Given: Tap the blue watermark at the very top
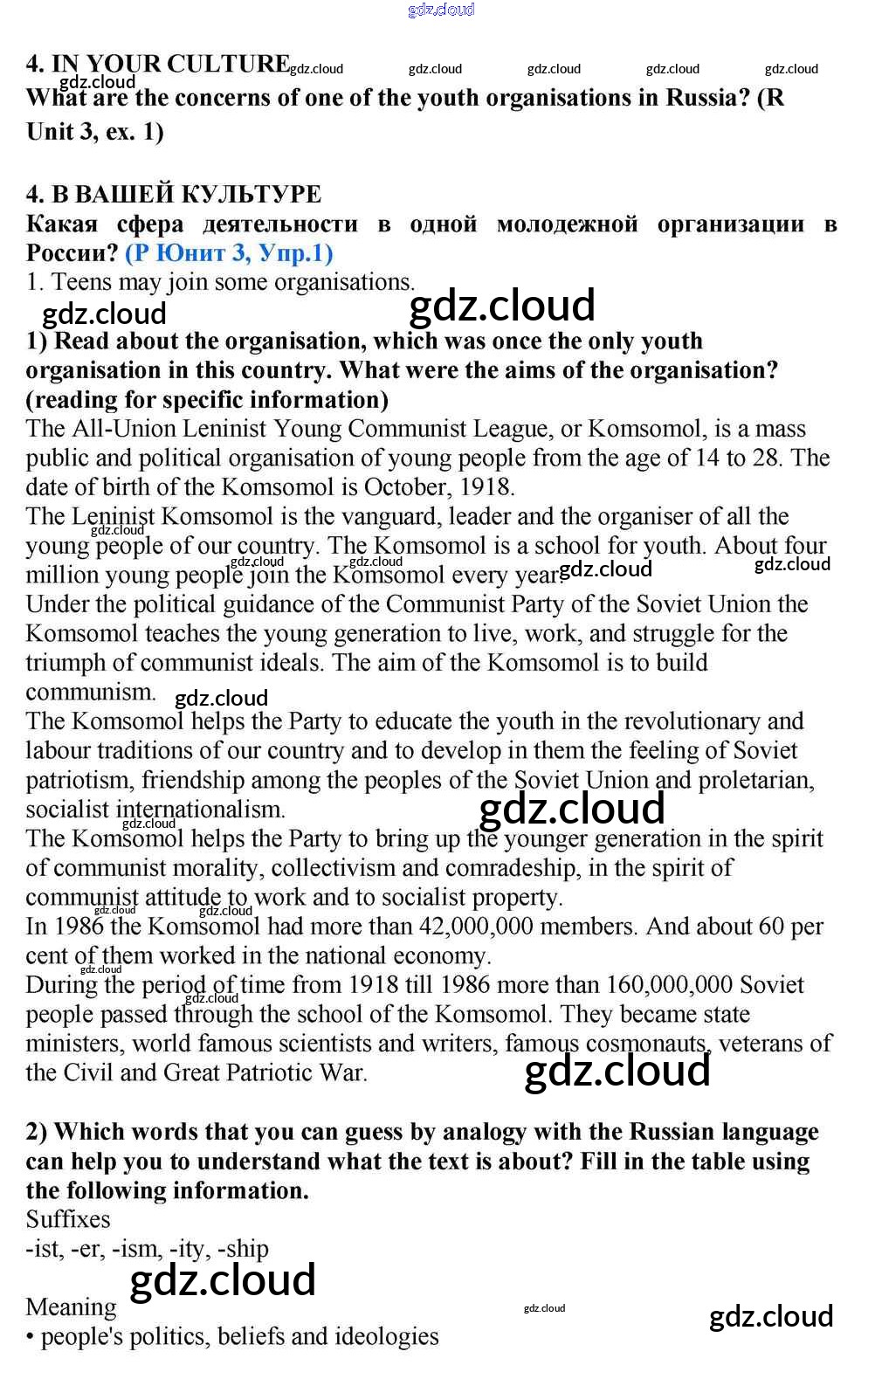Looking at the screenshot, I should coord(441,10).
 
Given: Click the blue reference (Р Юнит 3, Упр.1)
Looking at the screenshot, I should coord(229,253).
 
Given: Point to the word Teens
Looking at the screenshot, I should coord(80,282).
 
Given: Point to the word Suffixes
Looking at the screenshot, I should coord(68,1219).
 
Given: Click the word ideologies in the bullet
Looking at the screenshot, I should coord(383,1336).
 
